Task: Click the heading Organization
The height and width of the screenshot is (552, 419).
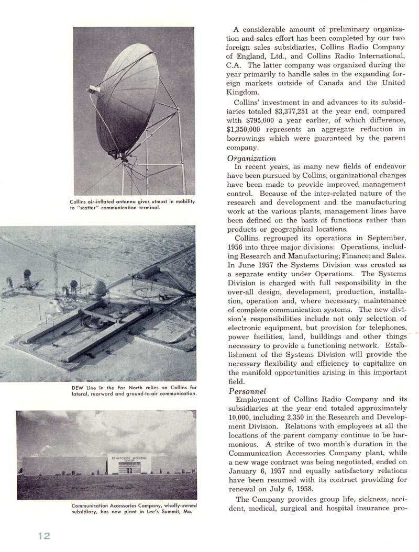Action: click(x=251, y=159)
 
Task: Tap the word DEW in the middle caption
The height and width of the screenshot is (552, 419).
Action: click(x=77, y=388)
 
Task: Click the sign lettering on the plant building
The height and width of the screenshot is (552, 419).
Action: click(x=129, y=458)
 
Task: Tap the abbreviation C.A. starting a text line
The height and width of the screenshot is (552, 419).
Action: click(x=236, y=65)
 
